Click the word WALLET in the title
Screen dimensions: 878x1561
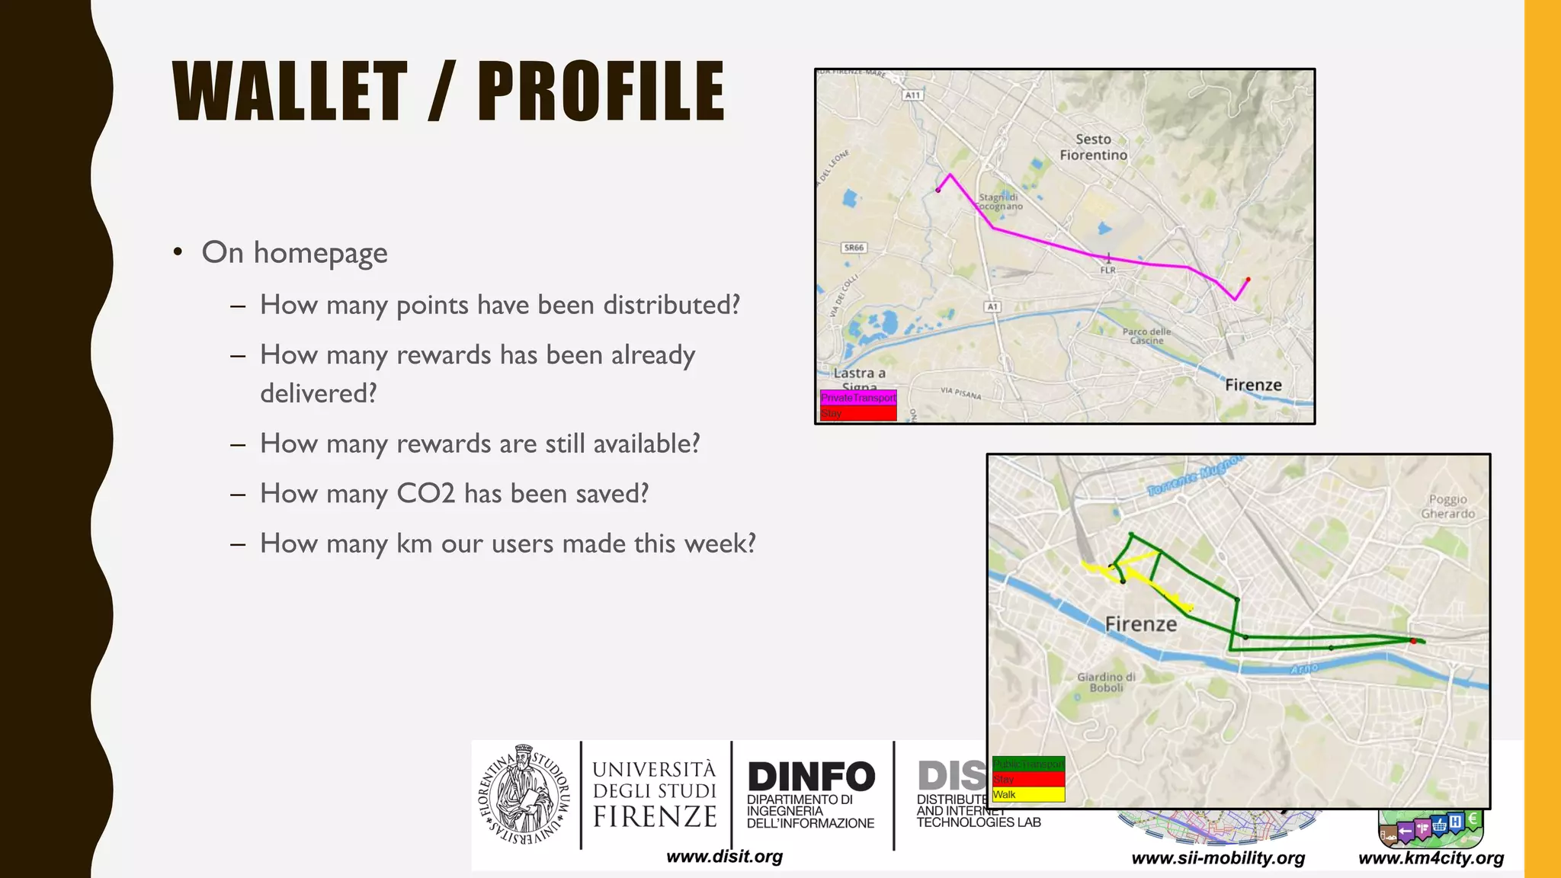tap(290, 91)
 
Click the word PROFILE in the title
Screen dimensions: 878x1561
tap(601, 91)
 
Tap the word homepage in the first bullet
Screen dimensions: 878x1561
tap(320, 253)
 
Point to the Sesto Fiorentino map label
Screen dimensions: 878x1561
tap(1093, 147)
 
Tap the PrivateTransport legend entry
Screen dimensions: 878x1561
tap(858, 398)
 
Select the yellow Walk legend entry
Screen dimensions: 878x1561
tap(1027, 794)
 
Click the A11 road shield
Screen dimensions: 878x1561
tap(912, 95)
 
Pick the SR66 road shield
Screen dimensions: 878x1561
tap(854, 248)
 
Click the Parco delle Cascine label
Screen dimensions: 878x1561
tap(1146, 336)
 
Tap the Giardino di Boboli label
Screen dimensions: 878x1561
tap(1106, 682)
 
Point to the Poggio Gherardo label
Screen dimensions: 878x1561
tap(1447, 507)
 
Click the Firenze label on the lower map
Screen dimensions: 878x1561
tap(1141, 624)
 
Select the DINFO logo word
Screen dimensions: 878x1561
tap(811, 777)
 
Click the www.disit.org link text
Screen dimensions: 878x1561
tap(724, 857)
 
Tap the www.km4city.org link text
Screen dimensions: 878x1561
tap(1431, 858)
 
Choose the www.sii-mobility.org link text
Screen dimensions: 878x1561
tap(1218, 858)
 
